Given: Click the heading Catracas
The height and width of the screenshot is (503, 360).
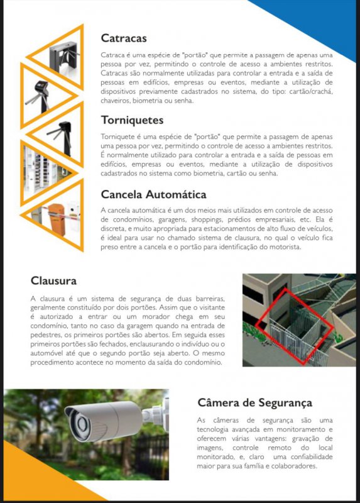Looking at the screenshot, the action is (124, 38).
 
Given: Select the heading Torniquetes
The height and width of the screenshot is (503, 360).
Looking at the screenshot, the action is (132, 120).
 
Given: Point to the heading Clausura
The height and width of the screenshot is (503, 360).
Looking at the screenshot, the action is (53, 280).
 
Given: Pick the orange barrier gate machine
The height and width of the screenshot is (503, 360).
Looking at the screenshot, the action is (58, 219).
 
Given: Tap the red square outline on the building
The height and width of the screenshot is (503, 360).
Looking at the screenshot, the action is (295, 326).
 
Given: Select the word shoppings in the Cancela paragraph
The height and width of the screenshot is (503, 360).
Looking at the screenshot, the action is (207, 220).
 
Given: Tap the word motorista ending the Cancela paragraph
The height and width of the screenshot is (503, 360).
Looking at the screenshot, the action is (287, 247).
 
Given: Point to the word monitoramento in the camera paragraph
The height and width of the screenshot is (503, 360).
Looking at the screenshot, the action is (300, 429).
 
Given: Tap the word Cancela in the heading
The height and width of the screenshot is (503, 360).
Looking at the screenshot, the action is (121, 194).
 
